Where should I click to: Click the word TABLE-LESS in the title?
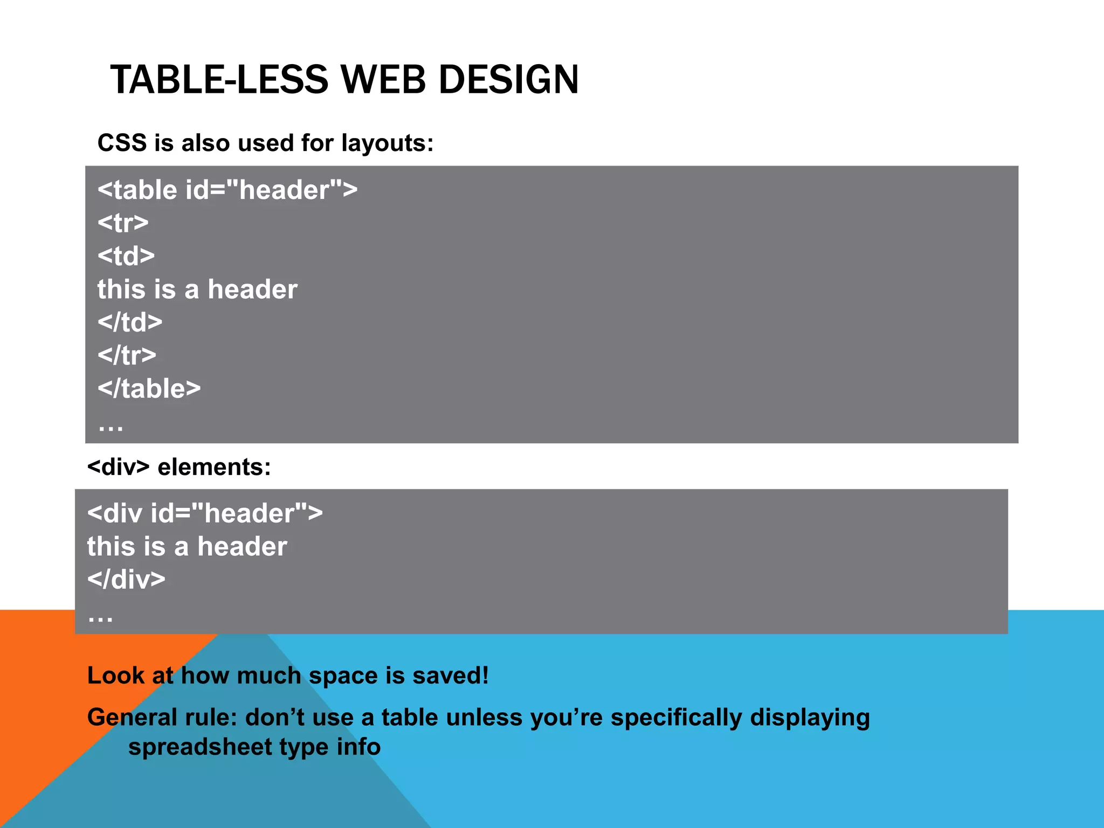point(219,80)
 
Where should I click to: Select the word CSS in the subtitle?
point(122,143)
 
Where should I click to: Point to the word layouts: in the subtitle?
point(387,143)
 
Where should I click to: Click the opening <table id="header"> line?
point(227,190)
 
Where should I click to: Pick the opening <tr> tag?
point(123,223)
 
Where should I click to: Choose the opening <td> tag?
point(126,256)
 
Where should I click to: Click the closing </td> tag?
point(130,322)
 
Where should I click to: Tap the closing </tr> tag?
point(127,356)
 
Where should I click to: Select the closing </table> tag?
point(149,389)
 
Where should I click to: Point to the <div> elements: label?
point(179,467)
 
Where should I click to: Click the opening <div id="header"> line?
point(205,513)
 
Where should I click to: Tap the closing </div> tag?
point(126,579)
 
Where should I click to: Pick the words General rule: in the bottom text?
point(162,717)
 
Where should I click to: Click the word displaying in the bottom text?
point(810,717)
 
